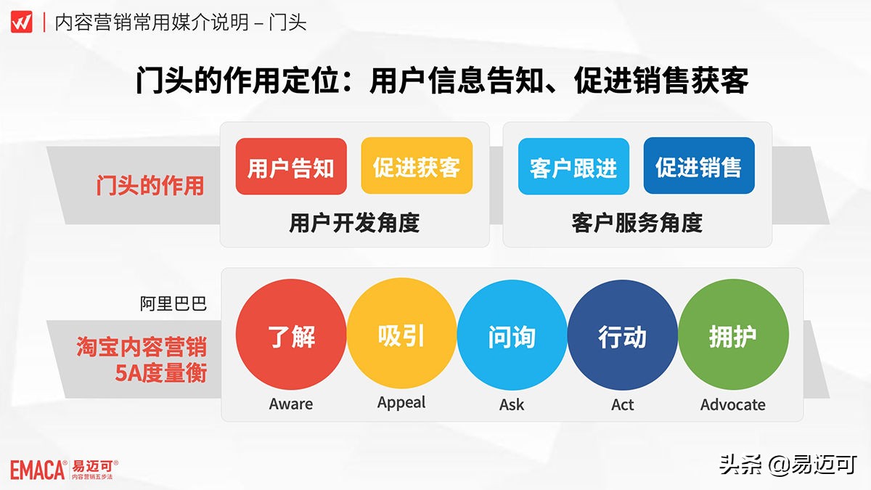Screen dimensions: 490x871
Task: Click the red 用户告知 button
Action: click(291, 166)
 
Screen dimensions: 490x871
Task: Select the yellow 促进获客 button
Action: click(417, 166)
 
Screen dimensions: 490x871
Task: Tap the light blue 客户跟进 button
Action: click(573, 166)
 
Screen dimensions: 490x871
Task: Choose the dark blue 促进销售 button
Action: click(699, 166)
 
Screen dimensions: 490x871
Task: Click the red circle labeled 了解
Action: click(291, 336)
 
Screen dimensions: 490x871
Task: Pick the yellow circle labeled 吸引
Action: click(401, 336)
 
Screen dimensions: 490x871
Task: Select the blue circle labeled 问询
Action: click(512, 336)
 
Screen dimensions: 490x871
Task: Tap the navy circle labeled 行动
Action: click(622, 336)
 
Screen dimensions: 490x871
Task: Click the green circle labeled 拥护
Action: click(732, 336)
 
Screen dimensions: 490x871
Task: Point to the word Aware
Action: click(291, 404)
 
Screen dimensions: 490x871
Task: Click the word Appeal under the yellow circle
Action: click(401, 403)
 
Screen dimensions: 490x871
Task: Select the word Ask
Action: click(512, 404)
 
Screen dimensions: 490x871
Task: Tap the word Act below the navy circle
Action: click(622, 404)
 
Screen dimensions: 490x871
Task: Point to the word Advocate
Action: click(732, 404)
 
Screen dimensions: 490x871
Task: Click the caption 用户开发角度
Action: click(354, 222)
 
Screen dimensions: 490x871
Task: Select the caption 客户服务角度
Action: click(637, 222)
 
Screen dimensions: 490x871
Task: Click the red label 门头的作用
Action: click(150, 186)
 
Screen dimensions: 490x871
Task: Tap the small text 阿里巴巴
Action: click(173, 303)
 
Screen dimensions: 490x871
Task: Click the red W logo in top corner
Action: click(21, 22)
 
